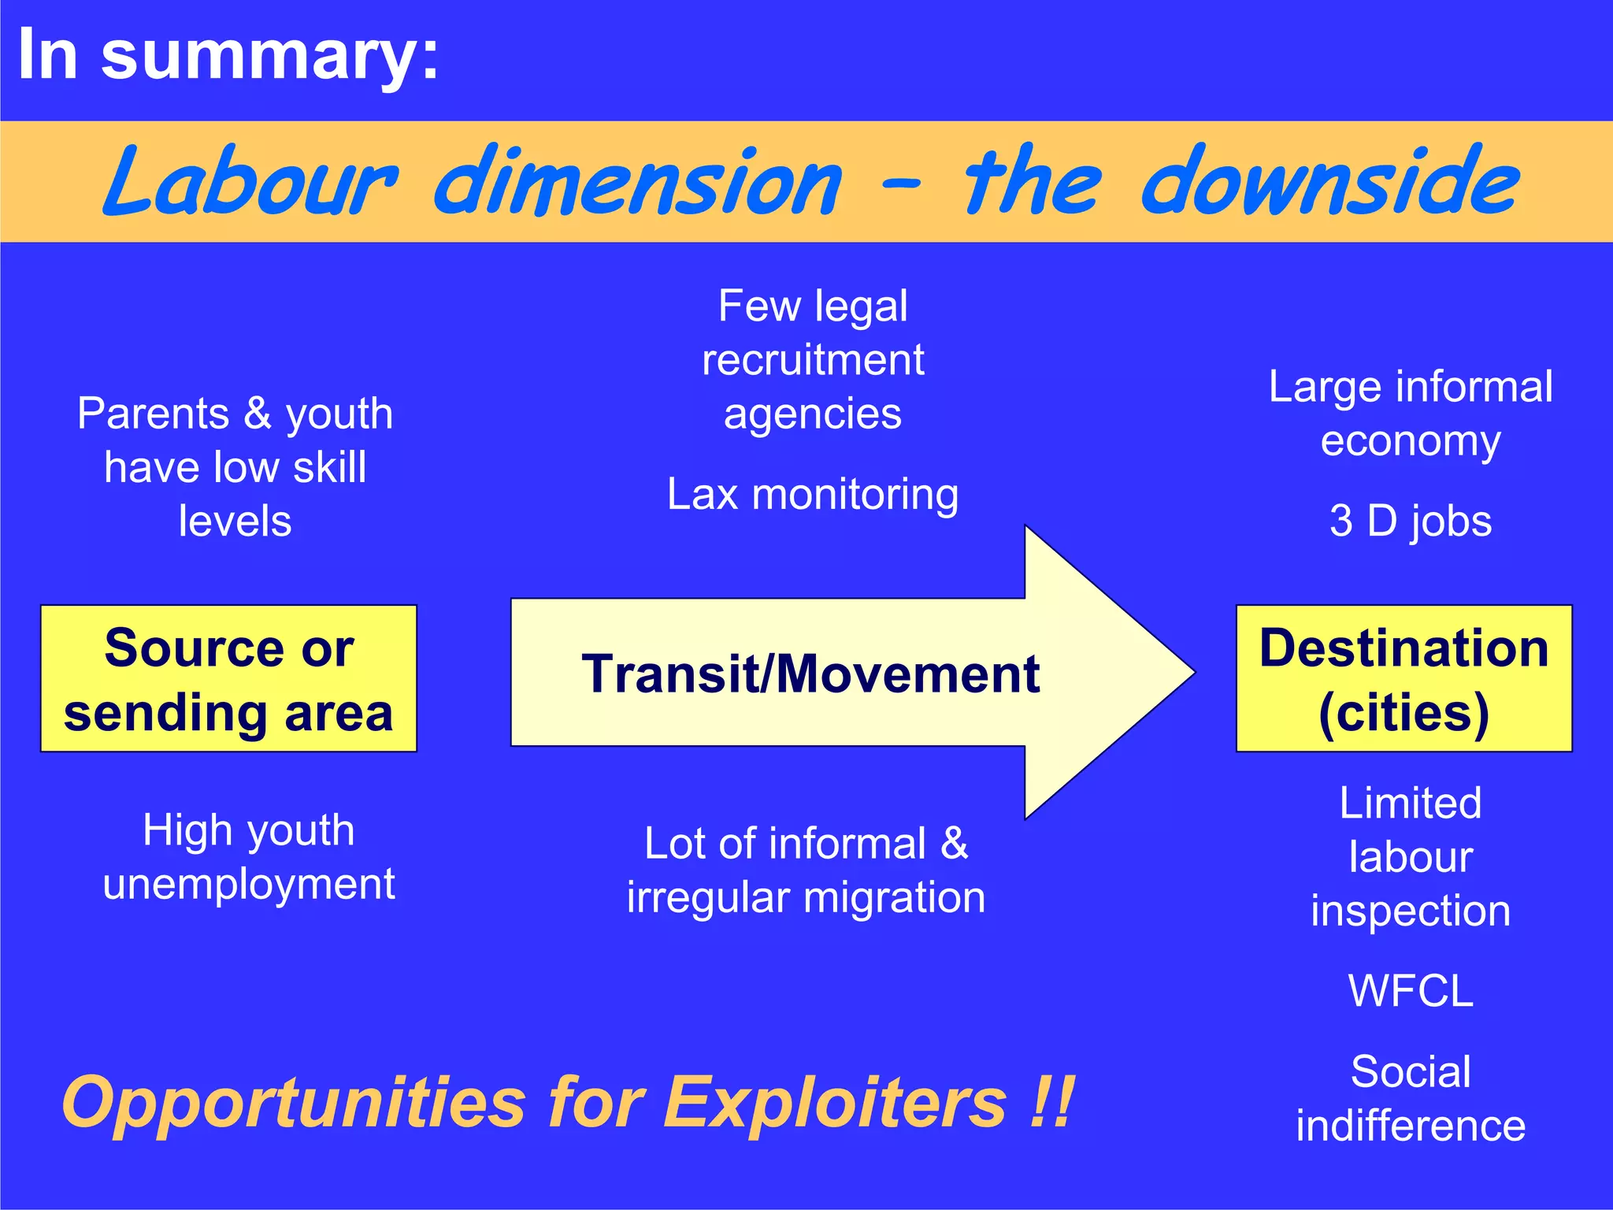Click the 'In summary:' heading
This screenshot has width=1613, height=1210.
pyautogui.click(x=228, y=55)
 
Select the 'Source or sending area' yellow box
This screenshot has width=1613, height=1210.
pyautogui.click(x=228, y=679)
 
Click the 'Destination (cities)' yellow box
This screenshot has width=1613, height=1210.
pyautogui.click(x=1403, y=679)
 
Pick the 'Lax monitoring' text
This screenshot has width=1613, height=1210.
pyautogui.click(x=812, y=495)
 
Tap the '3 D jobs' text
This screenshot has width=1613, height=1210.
pyautogui.click(x=1410, y=521)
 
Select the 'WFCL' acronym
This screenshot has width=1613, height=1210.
pyautogui.click(x=1410, y=991)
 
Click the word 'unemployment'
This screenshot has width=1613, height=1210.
pyautogui.click(x=249, y=884)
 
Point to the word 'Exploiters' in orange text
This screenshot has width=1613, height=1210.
pyautogui.click(x=835, y=1103)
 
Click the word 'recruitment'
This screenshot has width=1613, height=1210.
pyautogui.click(x=812, y=361)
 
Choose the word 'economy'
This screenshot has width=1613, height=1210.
pyautogui.click(x=1410, y=441)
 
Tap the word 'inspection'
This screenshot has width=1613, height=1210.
pyautogui.click(x=1410, y=911)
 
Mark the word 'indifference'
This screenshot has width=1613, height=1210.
pyautogui.click(x=1410, y=1125)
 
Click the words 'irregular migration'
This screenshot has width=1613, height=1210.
pyautogui.click(x=806, y=898)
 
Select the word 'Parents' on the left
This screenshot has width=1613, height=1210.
pyautogui.click(x=153, y=414)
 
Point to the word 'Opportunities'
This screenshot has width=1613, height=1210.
pyautogui.click(x=293, y=1103)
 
